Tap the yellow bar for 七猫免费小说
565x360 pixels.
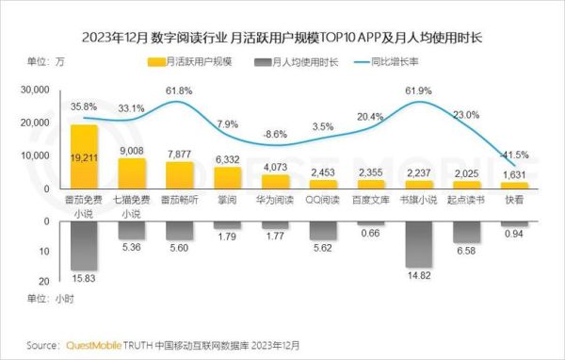click(x=132, y=173)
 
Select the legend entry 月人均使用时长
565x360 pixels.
click(x=291, y=63)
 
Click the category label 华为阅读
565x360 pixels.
click(x=274, y=200)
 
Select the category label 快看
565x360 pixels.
click(x=514, y=200)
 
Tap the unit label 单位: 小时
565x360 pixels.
click(x=47, y=299)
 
